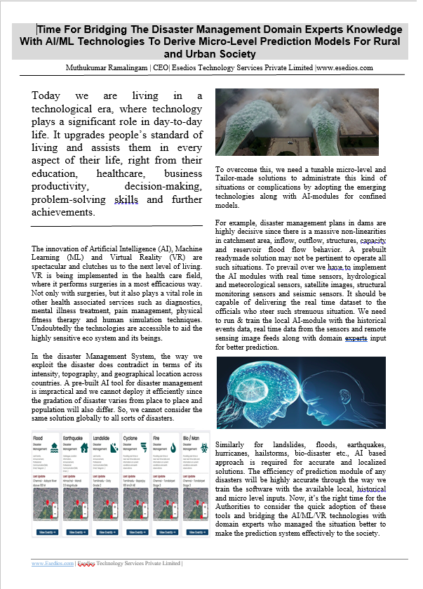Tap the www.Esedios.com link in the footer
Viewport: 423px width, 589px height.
pos(53,563)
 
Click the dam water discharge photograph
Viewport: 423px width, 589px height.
pos(297,121)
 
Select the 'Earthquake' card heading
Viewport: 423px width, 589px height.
pos(76,437)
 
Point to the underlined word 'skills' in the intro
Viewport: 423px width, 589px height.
pos(126,199)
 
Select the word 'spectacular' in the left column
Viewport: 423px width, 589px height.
pos(54,265)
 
